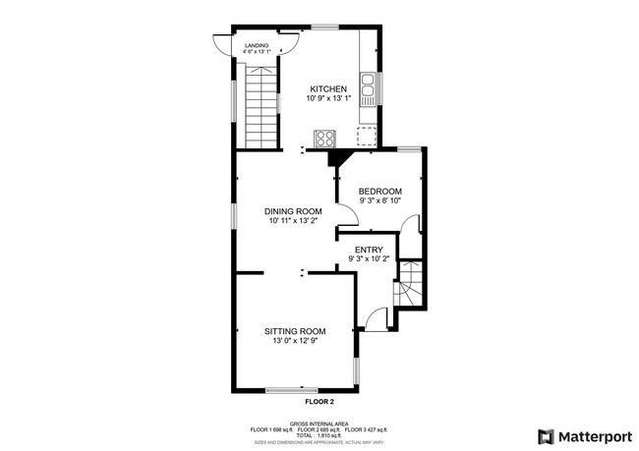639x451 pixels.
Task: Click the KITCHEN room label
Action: (329, 89)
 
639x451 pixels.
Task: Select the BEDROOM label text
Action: (379, 191)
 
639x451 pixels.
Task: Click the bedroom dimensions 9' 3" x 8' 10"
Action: (379, 200)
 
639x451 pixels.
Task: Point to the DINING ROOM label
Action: (293, 211)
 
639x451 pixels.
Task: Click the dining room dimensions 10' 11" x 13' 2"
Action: (293, 221)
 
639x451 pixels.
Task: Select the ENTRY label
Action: (369, 250)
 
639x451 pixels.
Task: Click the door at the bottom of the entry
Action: (375, 318)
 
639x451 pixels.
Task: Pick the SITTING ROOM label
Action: (294, 331)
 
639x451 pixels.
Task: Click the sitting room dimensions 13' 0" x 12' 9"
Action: (294, 341)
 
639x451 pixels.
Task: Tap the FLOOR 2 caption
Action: (319, 402)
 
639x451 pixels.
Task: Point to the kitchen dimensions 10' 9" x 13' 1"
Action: (329, 100)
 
